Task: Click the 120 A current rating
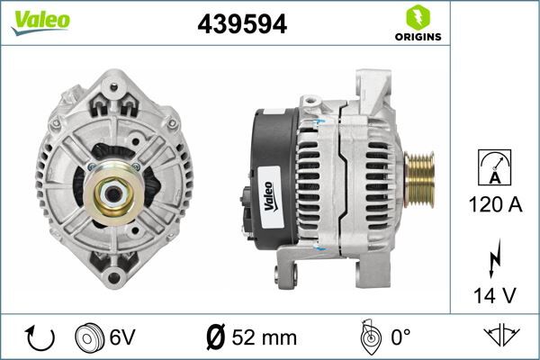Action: pyautogui.click(x=495, y=205)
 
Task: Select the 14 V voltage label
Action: pyautogui.click(x=495, y=293)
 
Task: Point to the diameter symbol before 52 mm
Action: pyautogui.click(x=216, y=338)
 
